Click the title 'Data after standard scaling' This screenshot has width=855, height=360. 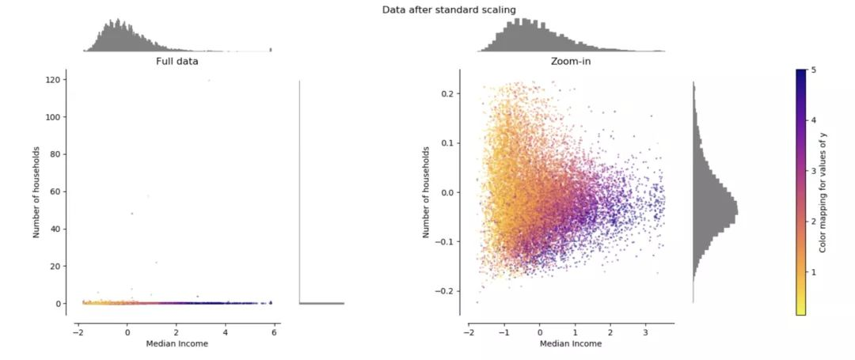[449, 9]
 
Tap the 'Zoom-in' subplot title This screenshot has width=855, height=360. [570, 62]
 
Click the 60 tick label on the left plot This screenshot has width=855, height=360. [56, 191]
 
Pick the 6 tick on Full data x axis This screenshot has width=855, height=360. [274, 332]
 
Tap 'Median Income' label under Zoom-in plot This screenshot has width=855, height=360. [571, 343]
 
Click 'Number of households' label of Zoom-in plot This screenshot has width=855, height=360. [427, 191]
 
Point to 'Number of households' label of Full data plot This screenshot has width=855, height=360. [36, 191]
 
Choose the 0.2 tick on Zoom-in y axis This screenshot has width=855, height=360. [449, 93]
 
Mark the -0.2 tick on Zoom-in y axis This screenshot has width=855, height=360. [446, 291]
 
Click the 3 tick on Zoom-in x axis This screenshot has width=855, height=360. [646, 332]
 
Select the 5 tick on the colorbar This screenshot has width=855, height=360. [812, 70]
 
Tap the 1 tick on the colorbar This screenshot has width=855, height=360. [812, 271]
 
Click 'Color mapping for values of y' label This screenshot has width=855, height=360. [823, 191]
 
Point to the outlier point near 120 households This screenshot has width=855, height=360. [209, 80]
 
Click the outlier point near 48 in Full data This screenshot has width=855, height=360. [132, 214]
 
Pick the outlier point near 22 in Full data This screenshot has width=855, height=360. [157, 263]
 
